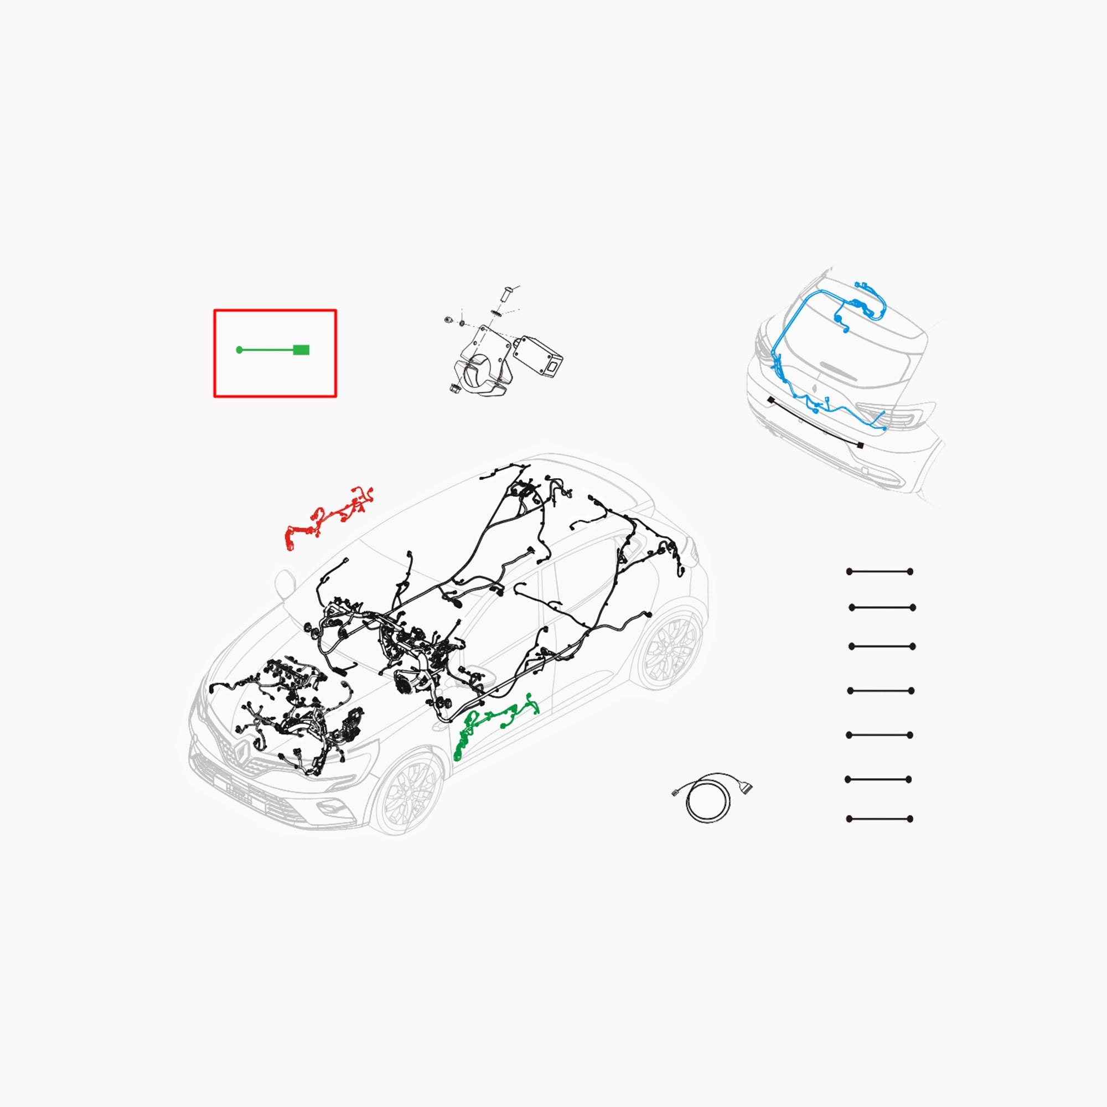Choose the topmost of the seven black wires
[x=880, y=572]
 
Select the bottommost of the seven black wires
[x=880, y=819]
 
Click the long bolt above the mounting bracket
[x=505, y=294]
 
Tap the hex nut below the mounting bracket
[x=454, y=388]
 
